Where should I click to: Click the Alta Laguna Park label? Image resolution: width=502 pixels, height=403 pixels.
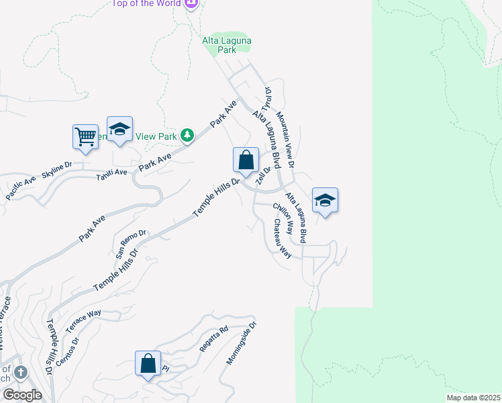point(227,45)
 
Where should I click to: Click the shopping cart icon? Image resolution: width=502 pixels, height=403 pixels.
point(85,136)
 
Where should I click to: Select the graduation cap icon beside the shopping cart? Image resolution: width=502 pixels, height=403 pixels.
point(119,129)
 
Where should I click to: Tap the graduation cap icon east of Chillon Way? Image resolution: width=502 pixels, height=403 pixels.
point(325,200)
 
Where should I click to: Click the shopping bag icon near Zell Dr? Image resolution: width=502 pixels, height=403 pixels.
point(246,161)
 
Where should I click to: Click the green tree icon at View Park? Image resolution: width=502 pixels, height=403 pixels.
point(187,136)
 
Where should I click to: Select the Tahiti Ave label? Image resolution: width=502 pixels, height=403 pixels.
point(111,173)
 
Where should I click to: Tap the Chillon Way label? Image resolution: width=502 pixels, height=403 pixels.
point(284,216)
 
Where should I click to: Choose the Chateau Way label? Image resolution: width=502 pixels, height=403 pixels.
point(282,239)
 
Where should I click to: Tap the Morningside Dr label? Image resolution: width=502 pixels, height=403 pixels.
point(242,343)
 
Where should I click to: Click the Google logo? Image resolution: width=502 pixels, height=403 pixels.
point(21,395)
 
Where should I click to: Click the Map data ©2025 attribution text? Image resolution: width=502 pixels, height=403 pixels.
point(473,398)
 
